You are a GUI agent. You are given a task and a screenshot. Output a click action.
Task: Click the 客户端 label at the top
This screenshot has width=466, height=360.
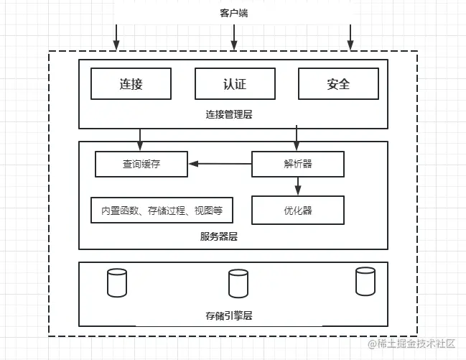(234, 13)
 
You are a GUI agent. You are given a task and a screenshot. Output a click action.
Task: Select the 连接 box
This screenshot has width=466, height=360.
(131, 83)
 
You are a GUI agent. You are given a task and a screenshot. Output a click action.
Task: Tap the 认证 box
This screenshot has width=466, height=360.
(235, 83)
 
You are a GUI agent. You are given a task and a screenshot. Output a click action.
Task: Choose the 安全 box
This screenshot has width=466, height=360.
(338, 83)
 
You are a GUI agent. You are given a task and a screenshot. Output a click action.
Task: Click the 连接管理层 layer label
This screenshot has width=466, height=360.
(229, 114)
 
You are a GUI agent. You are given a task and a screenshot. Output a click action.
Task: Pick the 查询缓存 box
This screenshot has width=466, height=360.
(141, 164)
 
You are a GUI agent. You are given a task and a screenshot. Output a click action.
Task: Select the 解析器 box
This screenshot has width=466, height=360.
(298, 164)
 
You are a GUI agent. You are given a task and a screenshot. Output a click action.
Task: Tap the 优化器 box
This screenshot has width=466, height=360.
(298, 210)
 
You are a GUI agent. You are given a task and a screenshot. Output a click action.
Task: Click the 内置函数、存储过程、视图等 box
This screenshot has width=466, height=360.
(162, 210)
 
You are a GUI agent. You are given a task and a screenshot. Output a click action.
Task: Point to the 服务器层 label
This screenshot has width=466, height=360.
(219, 236)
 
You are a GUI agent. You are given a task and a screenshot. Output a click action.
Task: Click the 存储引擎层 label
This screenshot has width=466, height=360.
(229, 315)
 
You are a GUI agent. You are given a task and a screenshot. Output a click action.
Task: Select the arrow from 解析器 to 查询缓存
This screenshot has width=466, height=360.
(220, 164)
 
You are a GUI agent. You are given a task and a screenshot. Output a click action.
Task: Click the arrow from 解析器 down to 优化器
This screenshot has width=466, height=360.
(298, 186)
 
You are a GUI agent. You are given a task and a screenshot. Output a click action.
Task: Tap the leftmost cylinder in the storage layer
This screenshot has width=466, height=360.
(117, 282)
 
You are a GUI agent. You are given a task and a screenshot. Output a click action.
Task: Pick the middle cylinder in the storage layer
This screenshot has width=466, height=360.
(238, 283)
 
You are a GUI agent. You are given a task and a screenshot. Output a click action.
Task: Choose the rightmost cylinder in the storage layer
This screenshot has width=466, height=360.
(365, 281)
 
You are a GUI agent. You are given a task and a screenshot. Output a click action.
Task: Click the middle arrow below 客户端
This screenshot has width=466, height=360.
(234, 37)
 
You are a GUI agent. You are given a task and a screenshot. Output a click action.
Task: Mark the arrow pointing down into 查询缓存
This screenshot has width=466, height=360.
(140, 140)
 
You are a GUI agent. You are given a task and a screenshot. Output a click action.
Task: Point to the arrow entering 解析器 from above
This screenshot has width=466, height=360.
(297, 138)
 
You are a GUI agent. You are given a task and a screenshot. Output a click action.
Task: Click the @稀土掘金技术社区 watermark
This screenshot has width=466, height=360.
(411, 343)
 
